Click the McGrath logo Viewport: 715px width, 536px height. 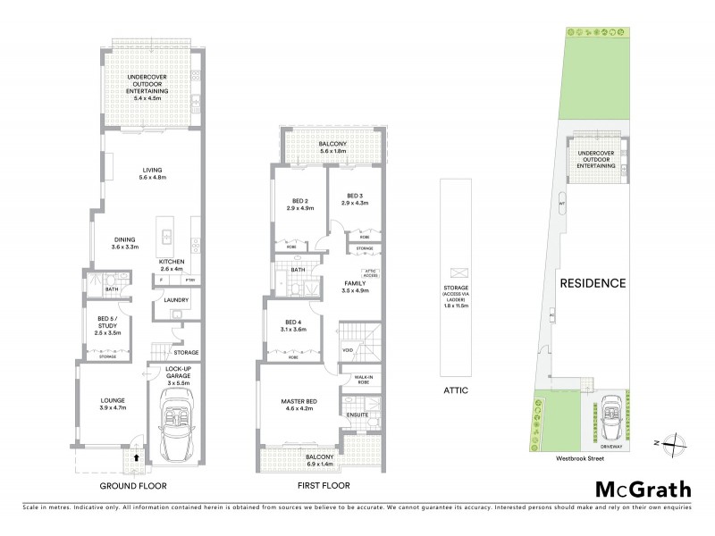(x=643, y=489)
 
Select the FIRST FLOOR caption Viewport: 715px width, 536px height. (x=324, y=486)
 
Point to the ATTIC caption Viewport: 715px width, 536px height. (x=456, y=390)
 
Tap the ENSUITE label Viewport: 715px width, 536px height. (x=357, y=414)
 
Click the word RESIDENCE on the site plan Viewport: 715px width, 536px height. (x=592, y=283)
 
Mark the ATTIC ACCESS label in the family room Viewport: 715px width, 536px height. (x=372, y=272)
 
